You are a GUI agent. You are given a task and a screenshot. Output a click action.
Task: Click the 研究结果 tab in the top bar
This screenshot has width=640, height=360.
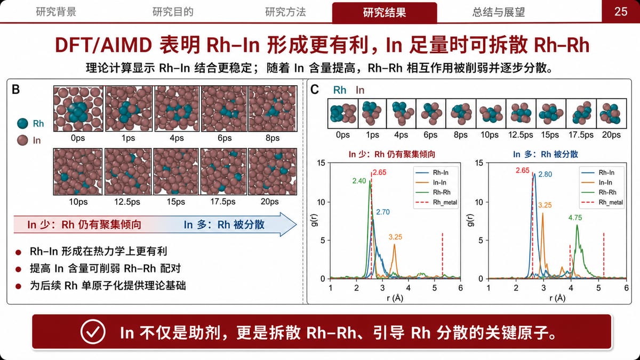coord(385,13)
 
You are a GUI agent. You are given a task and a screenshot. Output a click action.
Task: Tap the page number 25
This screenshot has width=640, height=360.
coord(621,12)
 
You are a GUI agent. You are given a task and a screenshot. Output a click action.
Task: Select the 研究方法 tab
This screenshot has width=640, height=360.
coord(285,12)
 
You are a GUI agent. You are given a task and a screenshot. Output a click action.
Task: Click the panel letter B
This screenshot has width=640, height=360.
coord(15,90)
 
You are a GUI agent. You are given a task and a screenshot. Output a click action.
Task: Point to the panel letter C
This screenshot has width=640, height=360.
coord(315,90)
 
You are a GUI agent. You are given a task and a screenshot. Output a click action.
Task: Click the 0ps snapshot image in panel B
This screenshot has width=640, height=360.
coord(78,109)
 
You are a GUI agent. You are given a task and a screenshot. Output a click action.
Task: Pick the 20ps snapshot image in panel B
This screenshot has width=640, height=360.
coord(273,171)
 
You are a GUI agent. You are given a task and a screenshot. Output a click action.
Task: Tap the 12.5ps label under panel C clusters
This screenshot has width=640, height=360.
coord(521,135)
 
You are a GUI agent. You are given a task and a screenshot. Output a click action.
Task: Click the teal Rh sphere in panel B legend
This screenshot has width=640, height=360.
coord(22,123)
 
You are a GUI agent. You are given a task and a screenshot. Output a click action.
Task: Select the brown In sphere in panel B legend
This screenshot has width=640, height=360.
coord(22,140)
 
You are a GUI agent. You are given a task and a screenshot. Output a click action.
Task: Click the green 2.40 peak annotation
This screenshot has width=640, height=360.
coord(359,181)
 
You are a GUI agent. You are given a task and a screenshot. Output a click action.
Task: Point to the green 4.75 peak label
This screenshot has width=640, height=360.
coord(575,218)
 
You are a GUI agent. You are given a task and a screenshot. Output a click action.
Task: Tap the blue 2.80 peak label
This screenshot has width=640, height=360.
coord(545,174)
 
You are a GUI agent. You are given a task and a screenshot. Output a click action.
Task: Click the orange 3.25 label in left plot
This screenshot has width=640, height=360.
coord(395,237)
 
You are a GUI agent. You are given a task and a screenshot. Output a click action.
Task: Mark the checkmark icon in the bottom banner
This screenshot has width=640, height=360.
coord(93,332)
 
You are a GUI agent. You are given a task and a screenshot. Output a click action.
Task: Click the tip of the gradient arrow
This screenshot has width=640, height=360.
coord(297,225)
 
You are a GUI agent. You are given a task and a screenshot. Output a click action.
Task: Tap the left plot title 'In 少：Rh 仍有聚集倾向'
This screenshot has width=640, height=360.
coord(391,154)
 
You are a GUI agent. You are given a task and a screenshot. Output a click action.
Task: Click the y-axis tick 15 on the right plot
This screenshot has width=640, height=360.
coord(479,163)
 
